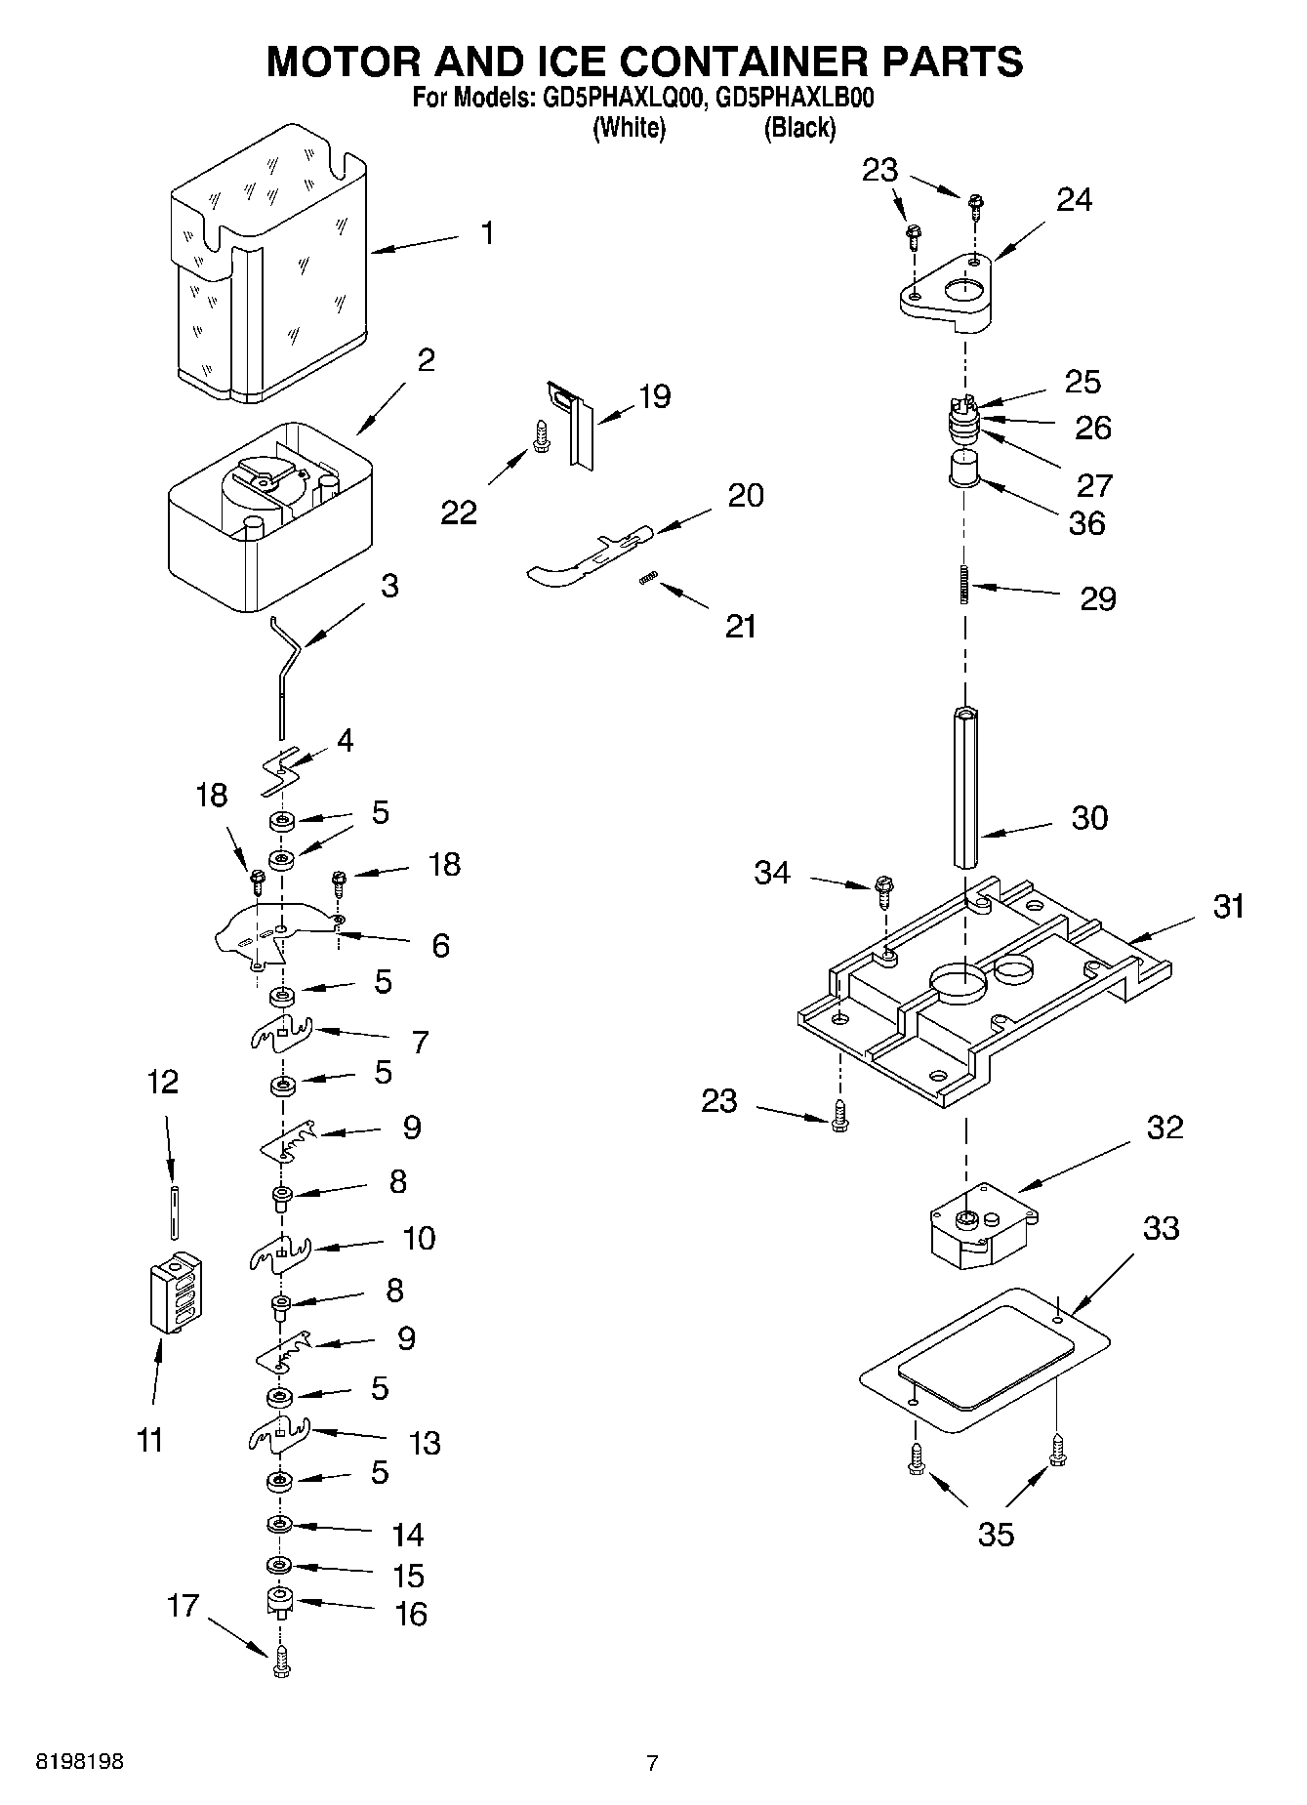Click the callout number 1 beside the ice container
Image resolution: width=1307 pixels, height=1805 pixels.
tap(486, 233)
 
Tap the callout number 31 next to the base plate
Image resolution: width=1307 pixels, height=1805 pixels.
tap(1229, 906)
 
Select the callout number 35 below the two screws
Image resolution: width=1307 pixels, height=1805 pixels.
tap(996, 1534)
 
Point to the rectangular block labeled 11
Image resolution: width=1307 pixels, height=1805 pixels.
tap(177, 1292)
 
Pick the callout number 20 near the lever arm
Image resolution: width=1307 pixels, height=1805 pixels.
tap(746, 495)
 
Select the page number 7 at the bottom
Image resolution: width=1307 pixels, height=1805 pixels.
tap(652, 1762)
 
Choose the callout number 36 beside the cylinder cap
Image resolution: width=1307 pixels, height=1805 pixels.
tap(1086, 523)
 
